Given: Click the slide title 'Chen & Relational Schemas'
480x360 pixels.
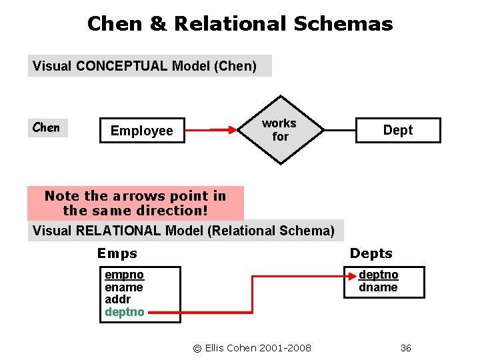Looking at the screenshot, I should coord(240,25).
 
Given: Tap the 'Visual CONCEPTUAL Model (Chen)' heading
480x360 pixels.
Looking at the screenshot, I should coord(145,66).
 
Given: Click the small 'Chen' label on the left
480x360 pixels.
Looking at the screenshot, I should coord(47,127).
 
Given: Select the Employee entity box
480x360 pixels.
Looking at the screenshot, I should coord(141,131).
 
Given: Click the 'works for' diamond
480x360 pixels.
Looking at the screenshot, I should coord(280,130).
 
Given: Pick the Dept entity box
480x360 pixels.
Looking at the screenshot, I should coord(398,131).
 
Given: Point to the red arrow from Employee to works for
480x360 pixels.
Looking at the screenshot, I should coord(211,131).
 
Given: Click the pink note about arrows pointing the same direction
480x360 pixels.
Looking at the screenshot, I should coord(135,203).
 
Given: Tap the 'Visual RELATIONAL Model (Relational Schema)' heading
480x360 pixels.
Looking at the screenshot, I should coord(183,231).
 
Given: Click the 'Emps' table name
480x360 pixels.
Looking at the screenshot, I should coord(117,253).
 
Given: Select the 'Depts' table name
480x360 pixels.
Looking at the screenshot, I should coord(371,253).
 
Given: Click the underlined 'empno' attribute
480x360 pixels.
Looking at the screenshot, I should coord(124,275).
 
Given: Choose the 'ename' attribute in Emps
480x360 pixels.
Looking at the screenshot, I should coord(124,287).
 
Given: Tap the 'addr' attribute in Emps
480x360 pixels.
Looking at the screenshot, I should coord(118,299).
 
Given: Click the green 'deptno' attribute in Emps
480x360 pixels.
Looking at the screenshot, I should coord(125,312).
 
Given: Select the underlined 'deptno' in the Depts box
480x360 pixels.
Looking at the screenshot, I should coord(379,275).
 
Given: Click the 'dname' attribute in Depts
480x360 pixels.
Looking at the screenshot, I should coord(378,287).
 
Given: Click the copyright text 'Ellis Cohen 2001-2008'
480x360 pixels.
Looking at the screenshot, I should coord(252,347).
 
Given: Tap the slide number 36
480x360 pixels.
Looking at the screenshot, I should coord(405,347).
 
